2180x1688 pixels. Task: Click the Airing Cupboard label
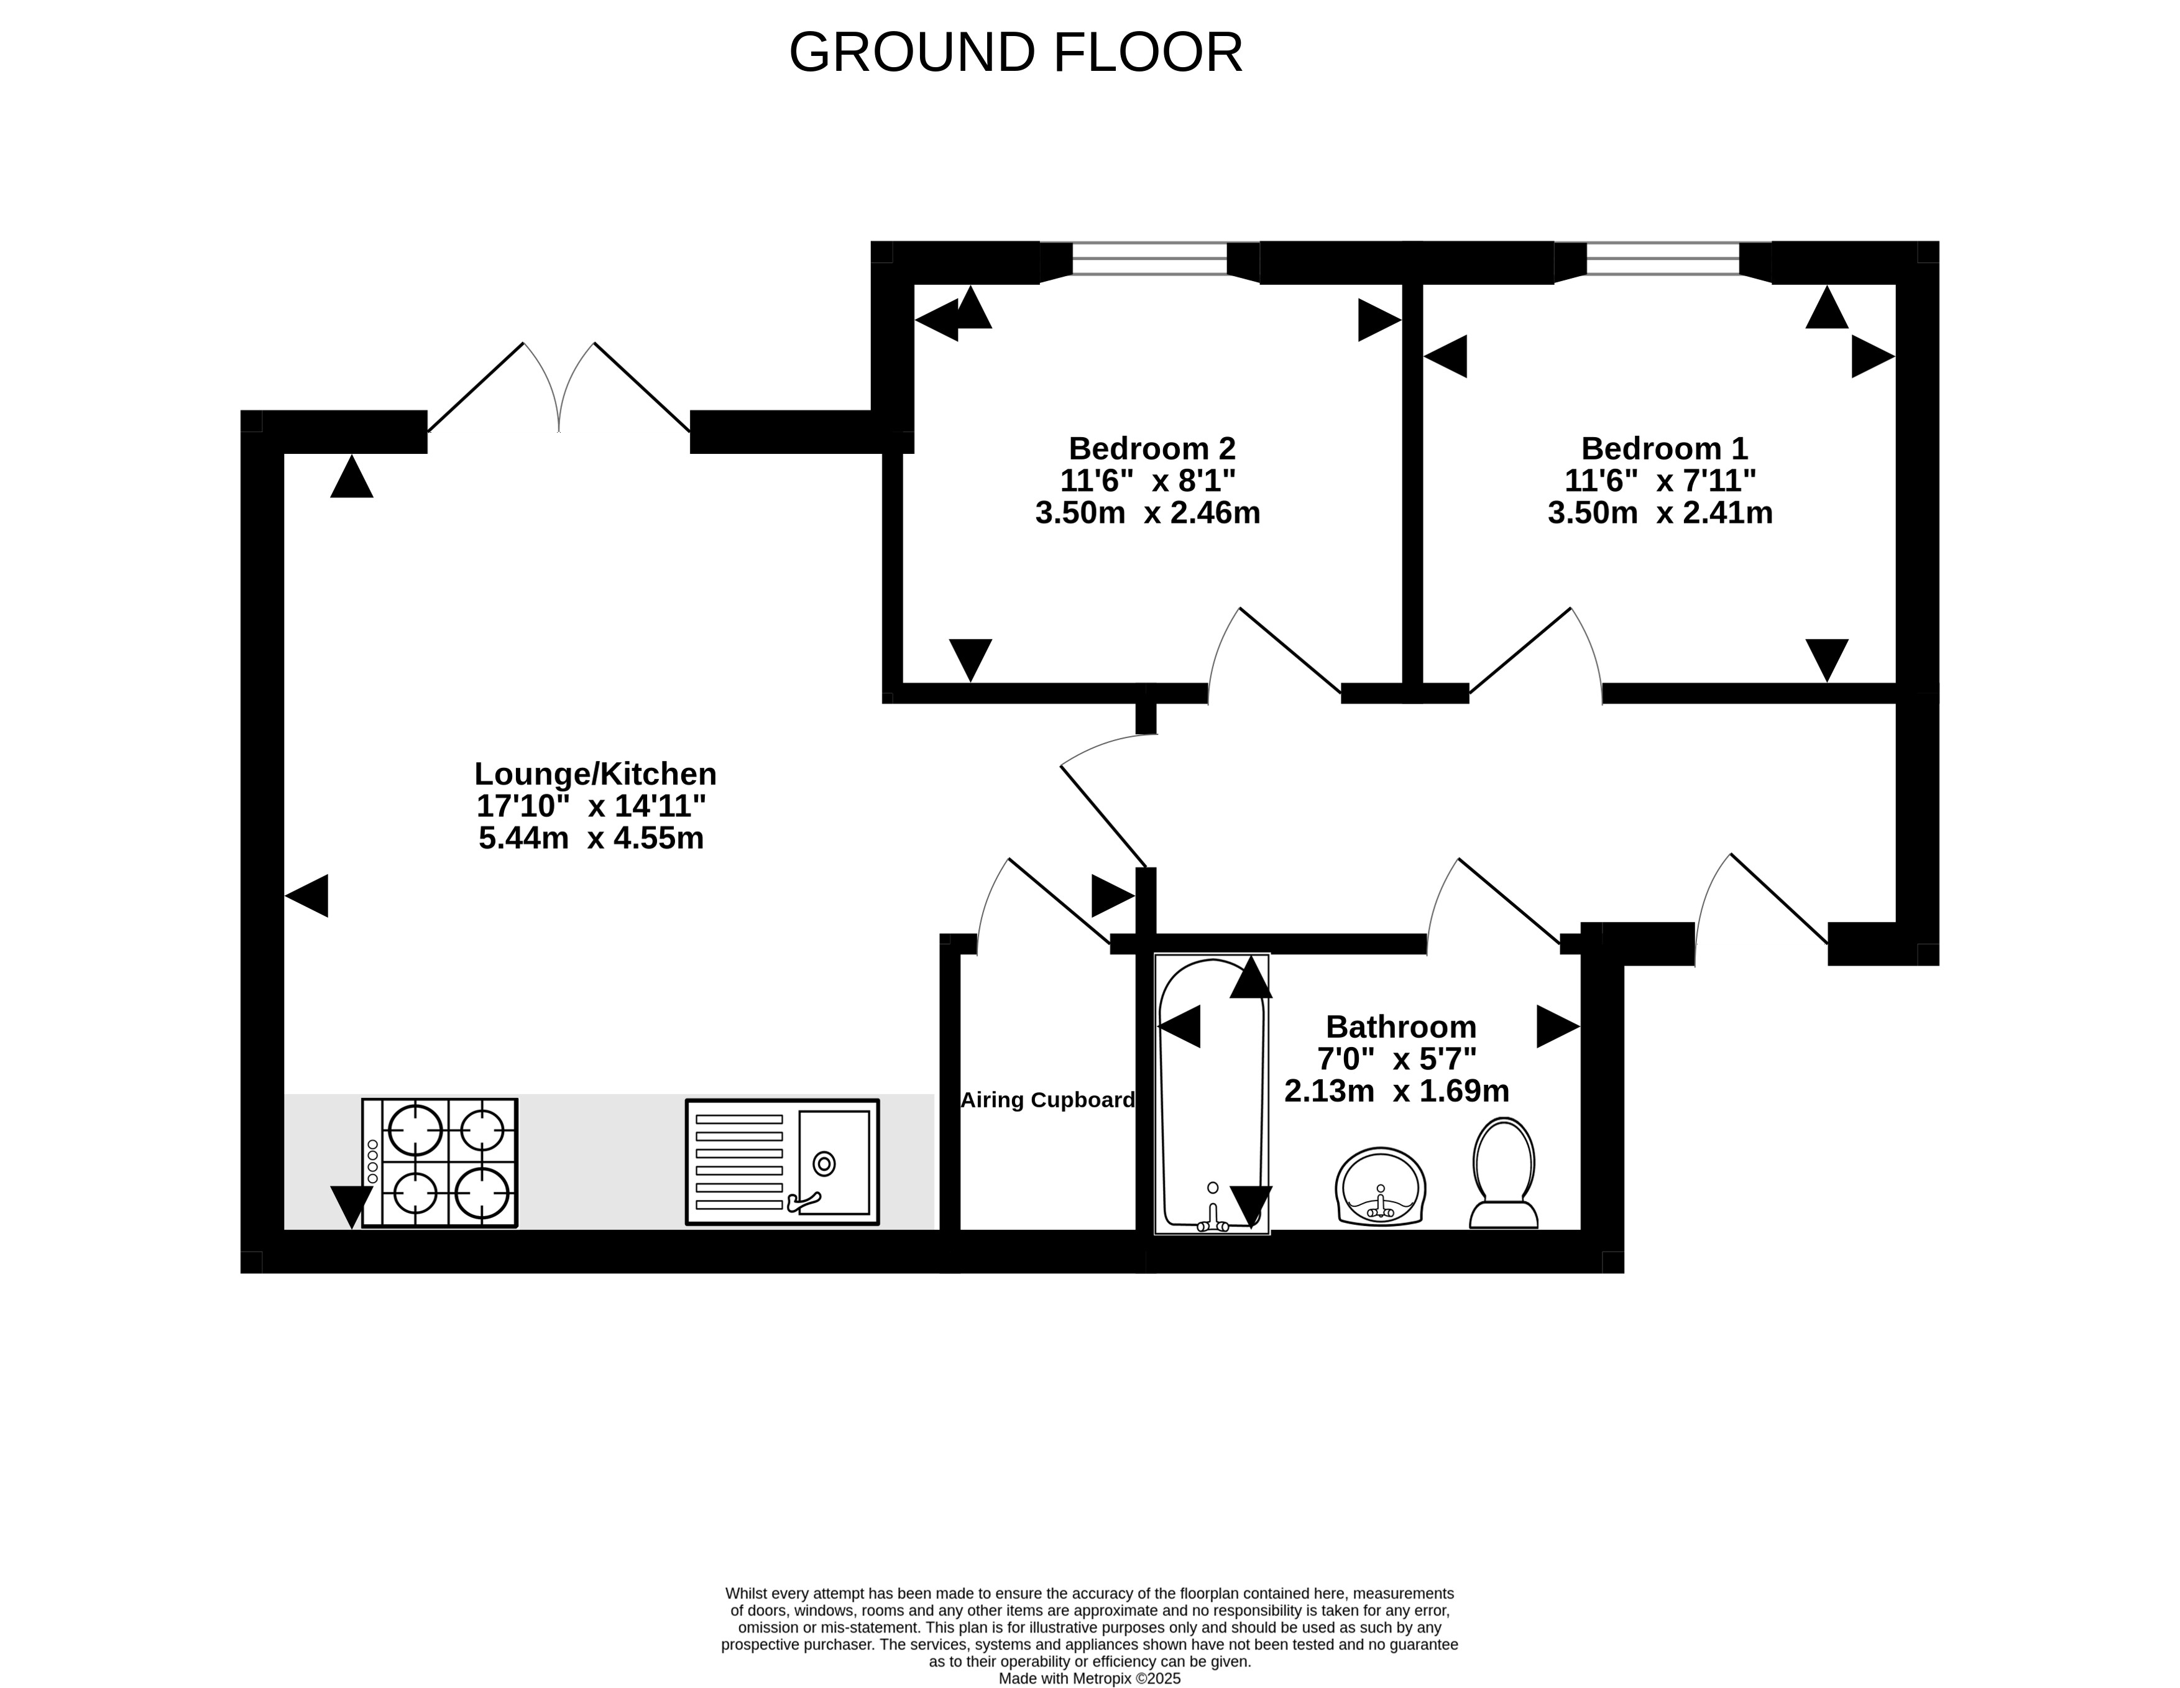pos(1047,1100)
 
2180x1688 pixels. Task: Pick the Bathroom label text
pos(1400,1026)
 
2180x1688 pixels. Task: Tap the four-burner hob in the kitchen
pos(440,1163)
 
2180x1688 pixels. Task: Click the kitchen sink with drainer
pos(783,1162)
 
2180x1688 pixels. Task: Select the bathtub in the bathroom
pos(1212,1094)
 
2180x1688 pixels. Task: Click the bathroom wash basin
pos(1381,1186)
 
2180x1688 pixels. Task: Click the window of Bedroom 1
pos(1663,259)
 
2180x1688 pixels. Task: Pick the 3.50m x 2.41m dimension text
pos(1660,513)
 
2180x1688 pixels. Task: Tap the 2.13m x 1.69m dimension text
pos(1396,1091)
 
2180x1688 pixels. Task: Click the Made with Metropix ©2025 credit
pos(1090,1679)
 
